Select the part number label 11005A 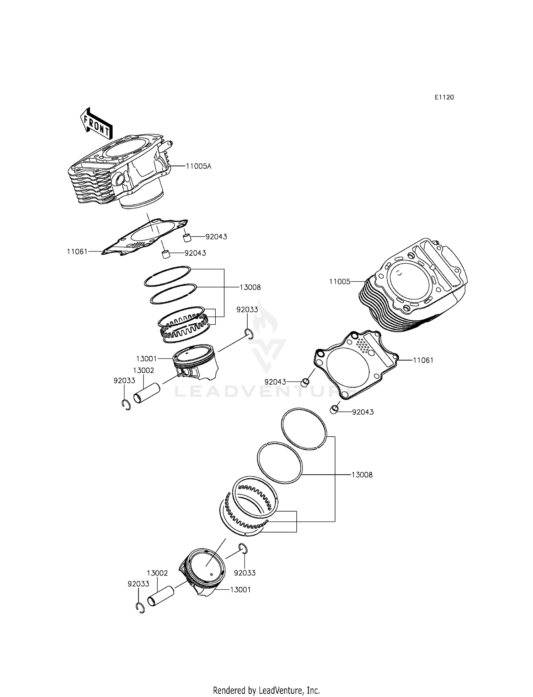tap(198, 166)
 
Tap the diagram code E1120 tap(444, 97)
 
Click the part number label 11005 tap(340, 282)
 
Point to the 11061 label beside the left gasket tap(77, 252)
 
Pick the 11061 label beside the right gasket tap(423, 360)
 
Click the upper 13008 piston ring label tap(250, 287)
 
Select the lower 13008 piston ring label tap(362, 475)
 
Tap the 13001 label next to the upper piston tap(146, 359)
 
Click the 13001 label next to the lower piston tap(241, 590)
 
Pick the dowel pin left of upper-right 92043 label tap(188, 237)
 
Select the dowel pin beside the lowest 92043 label tap(334, 410)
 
